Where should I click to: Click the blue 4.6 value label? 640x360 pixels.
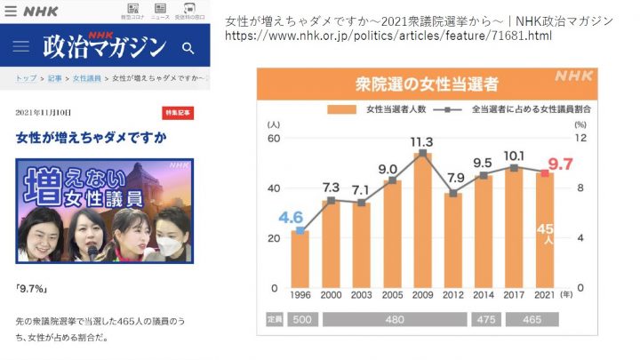(x=291, y=217)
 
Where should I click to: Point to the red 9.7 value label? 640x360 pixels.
(x=559, y=164)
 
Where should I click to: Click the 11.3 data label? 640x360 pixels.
(x=422, y=142)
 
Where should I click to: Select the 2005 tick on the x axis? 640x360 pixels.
(x=392, y=296)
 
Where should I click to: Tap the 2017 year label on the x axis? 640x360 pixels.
(x=516, y=296)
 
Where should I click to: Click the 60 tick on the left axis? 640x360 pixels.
(x=274, y=138)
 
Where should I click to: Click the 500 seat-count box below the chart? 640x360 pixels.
(x=300, y=317)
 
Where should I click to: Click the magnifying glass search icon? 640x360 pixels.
(x=188, y=47)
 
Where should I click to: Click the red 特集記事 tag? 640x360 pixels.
(x=177, y=113)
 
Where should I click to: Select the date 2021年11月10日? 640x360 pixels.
(x=44, y=113)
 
